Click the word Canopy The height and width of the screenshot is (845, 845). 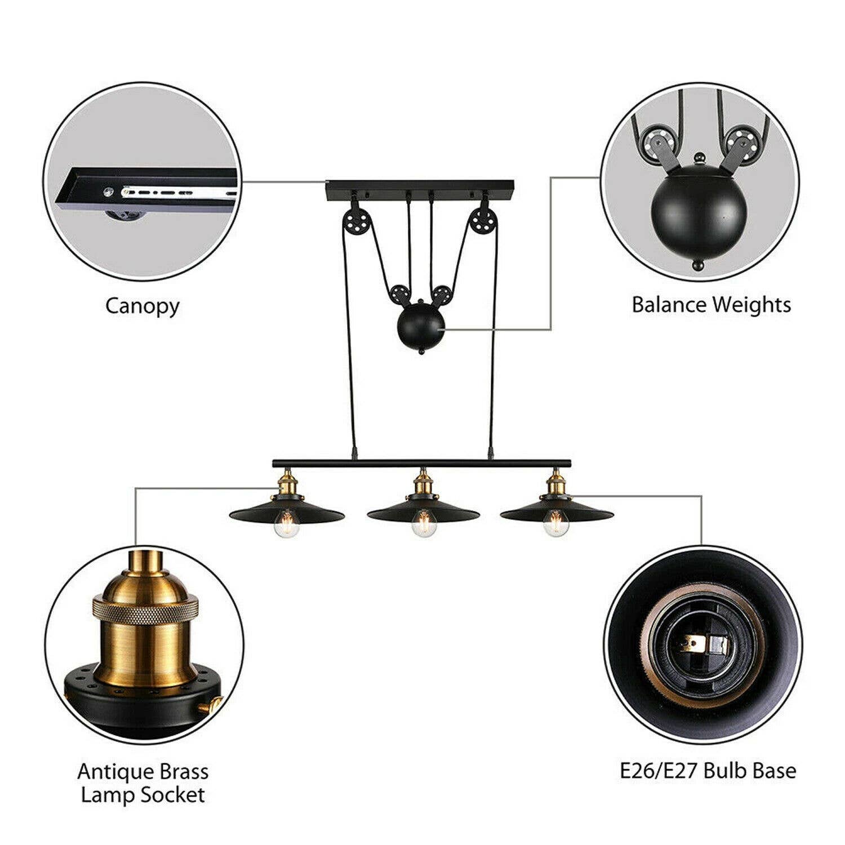point(142,306)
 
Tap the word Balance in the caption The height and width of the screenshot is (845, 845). point(669,305)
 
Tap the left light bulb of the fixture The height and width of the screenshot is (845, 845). point(286,524)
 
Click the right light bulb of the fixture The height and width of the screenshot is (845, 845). point(555,524)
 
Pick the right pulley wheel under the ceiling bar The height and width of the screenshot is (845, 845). point(484,220)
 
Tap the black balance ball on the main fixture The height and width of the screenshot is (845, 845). point(421,327)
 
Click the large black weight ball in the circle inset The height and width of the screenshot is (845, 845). point(699,208)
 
